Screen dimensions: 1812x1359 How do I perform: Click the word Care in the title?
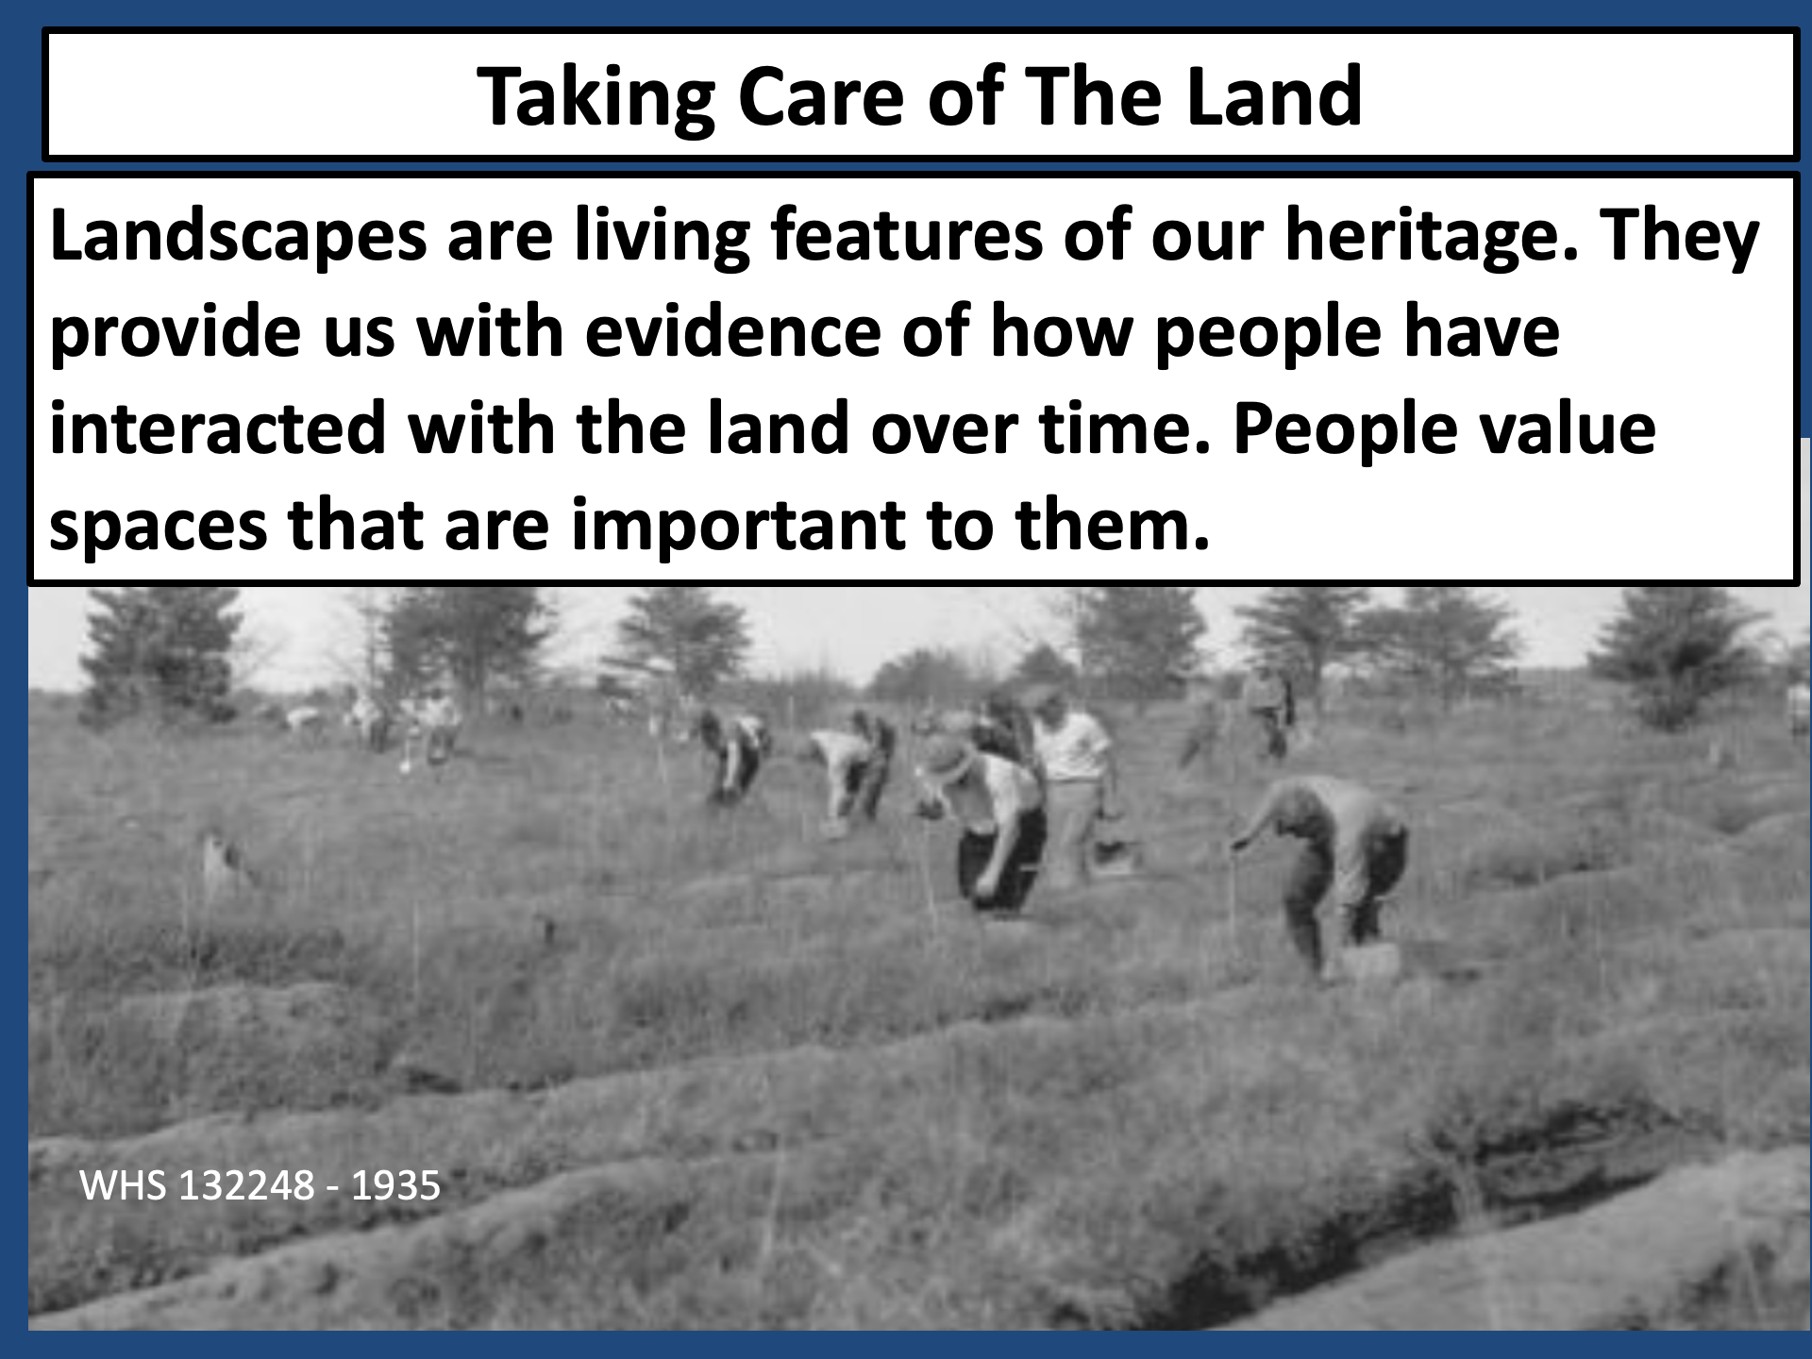click(x=821, y=97)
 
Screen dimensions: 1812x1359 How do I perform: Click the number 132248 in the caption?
click(x=246, y=1186)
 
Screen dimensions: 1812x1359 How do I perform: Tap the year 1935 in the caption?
click(x=395, y=1186)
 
